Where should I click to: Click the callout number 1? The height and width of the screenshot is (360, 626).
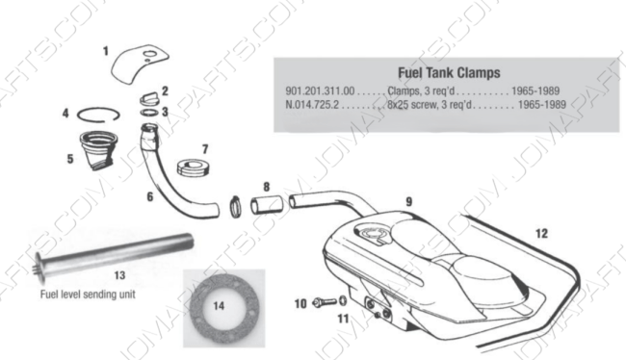point(105,51)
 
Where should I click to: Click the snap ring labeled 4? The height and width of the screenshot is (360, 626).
point(98,115)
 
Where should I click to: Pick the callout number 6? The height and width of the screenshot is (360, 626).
point(150,196)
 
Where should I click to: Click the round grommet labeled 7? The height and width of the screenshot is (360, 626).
point(194,167)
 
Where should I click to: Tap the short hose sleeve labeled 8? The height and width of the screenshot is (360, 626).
point(267,205)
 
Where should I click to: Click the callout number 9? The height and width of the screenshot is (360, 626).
point(408,201)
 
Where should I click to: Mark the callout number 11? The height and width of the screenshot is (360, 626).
point(343,319)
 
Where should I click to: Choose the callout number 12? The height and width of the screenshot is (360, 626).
point(541,234)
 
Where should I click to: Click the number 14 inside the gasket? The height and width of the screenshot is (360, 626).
point(219,306)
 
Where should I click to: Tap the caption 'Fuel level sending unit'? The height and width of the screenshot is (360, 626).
point(88,295)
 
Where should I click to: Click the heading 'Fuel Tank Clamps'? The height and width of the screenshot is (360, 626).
point(449,73)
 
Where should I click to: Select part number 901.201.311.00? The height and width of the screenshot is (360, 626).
point(320,91)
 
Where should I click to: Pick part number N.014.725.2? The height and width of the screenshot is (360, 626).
point(312,105)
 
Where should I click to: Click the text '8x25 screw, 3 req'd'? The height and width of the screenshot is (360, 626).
point(430,105)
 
